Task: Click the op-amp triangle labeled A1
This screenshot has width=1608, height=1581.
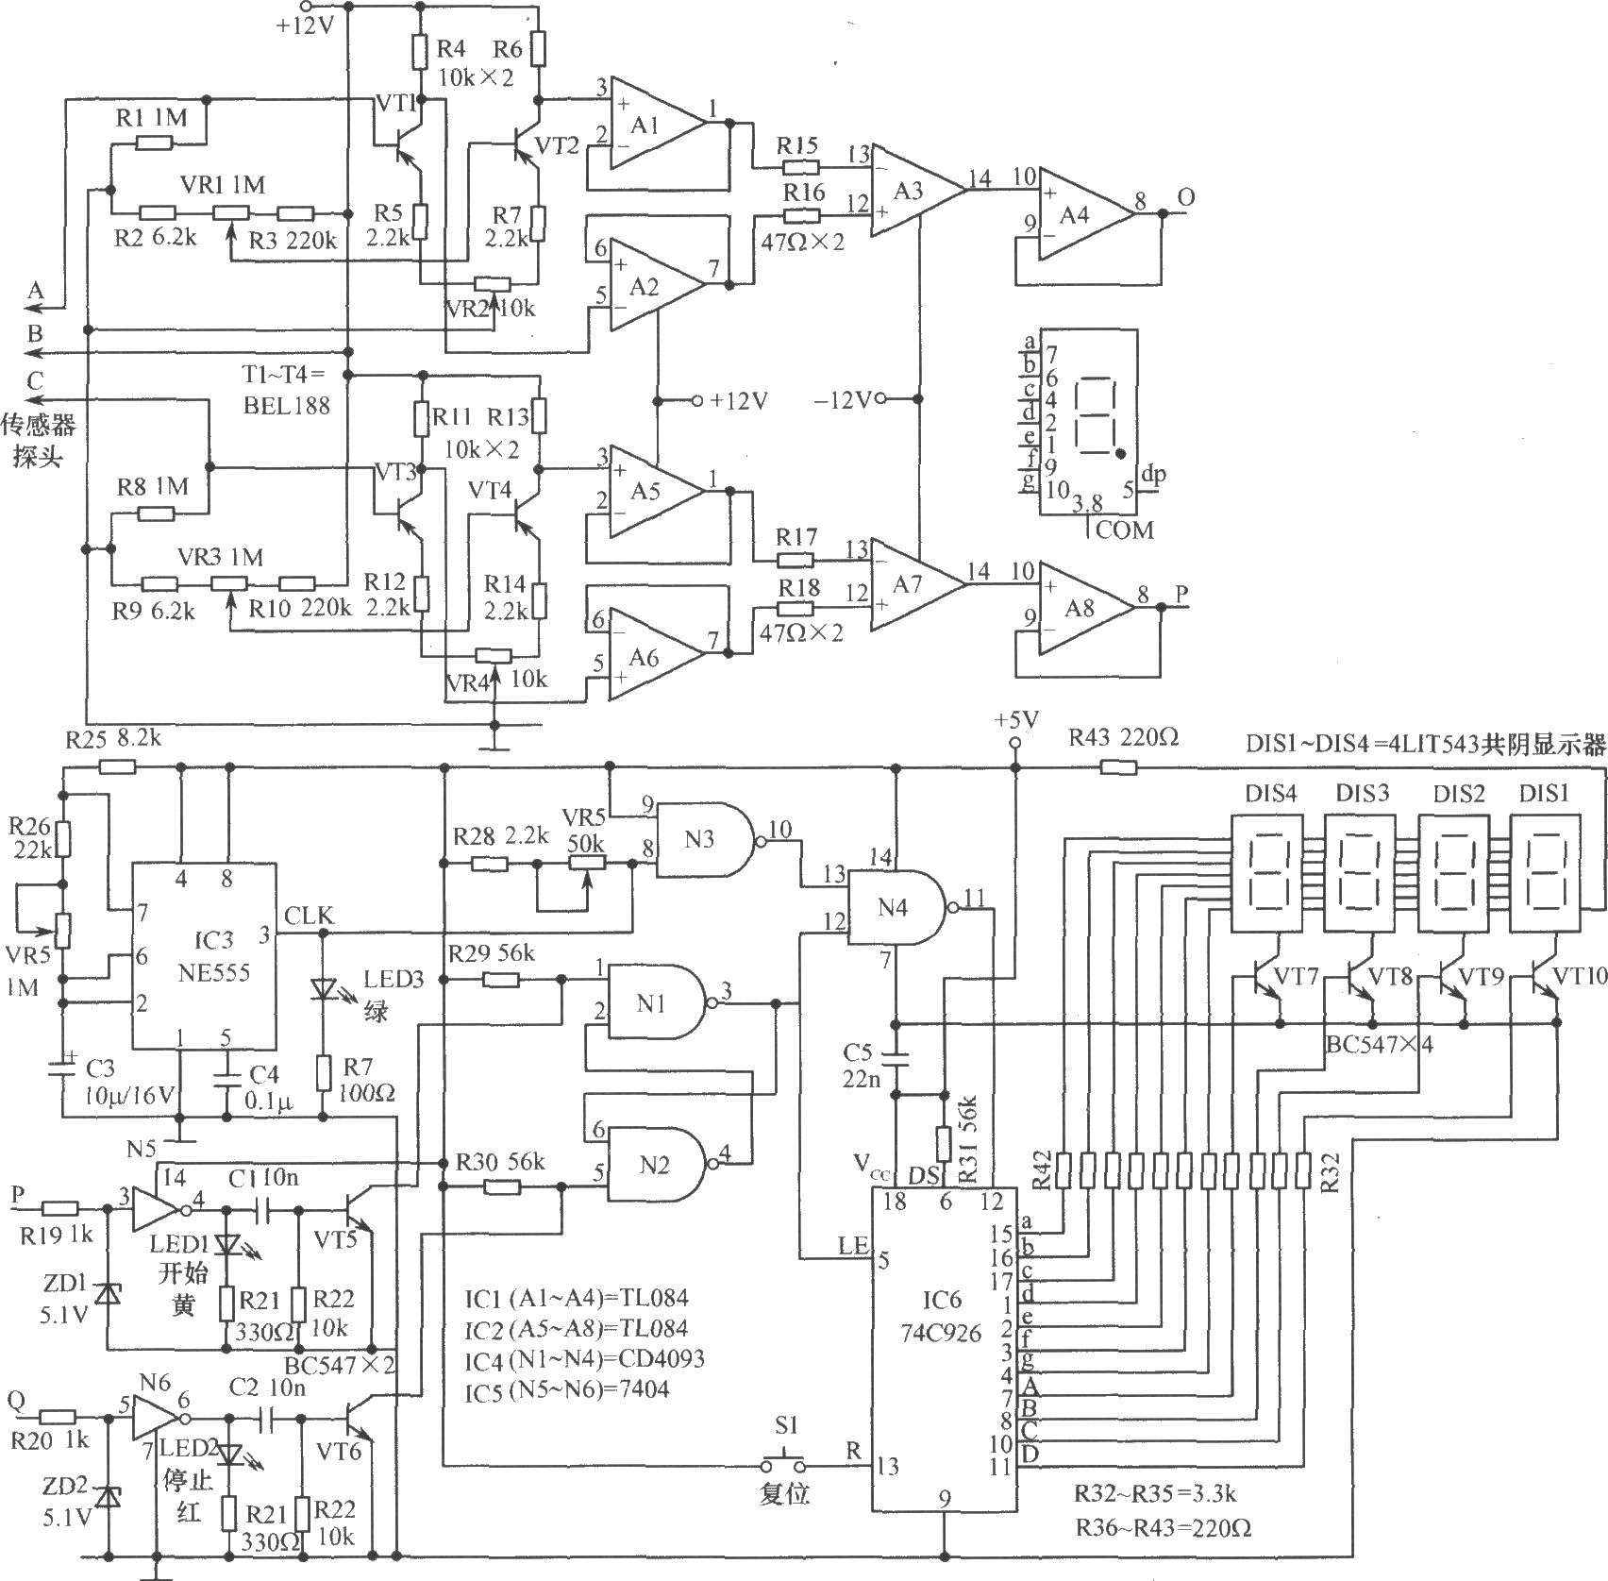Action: (x=656, y=124)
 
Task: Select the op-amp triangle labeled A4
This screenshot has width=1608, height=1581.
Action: (x=1085, y=214)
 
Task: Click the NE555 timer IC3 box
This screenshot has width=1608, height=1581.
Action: (x=203, y=954)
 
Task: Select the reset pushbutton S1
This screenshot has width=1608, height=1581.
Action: (x=784, y=1464)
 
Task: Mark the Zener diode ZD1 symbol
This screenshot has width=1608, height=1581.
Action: (x=109, y=1293)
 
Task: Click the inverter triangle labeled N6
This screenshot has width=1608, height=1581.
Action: (x=158, y=1418)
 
